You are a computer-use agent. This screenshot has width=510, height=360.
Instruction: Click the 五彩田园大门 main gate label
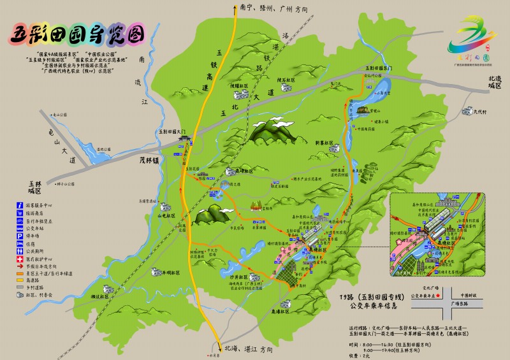171,131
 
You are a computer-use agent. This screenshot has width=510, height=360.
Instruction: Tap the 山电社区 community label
167,215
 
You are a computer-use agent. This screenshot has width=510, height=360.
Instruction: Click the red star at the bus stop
439,296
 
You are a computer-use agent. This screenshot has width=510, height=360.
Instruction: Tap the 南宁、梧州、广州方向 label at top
275,10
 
